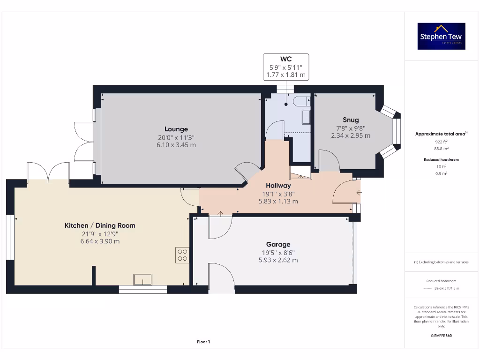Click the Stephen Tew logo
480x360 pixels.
[x=441, y=36]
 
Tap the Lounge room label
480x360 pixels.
[x=176, y=129]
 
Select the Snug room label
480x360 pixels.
[x=351, y=120]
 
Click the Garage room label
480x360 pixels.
[x=278, y=244]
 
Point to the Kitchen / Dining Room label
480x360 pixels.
[x=100, y=225]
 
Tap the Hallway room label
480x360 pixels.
[x=278, y=186]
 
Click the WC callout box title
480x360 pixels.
[x=286, y=59]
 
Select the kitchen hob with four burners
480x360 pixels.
[x=182, y=255]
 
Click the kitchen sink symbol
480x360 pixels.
[x=142, y=279]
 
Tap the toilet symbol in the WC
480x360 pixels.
[x=300, y=100]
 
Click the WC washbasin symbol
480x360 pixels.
[x=306, y=117]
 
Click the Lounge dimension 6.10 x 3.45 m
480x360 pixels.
[x=176, y=145]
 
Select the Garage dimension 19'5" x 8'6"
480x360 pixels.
[x=278, y=252]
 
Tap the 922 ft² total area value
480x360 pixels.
[x=441, y=141]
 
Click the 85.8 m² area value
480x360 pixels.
[x=441, y=148]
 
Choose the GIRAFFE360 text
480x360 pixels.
[x=441, y=336]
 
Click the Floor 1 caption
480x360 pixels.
[x=203, y=342]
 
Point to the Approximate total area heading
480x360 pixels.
[x=441, y=134]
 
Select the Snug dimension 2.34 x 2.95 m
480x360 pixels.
[x=351, y=135]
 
